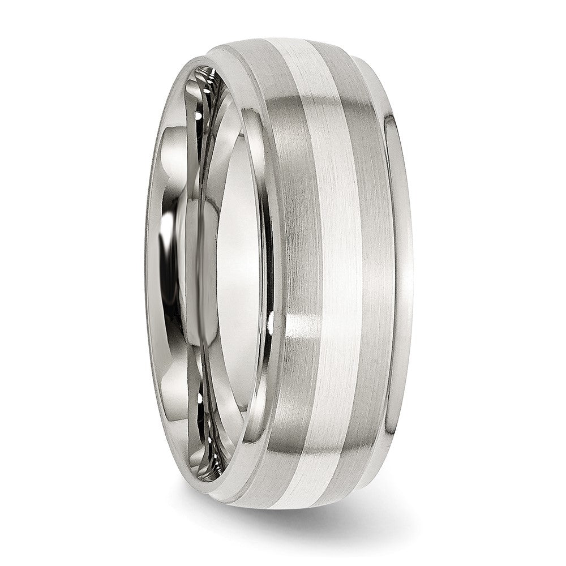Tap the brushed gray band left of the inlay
coord(300,255)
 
